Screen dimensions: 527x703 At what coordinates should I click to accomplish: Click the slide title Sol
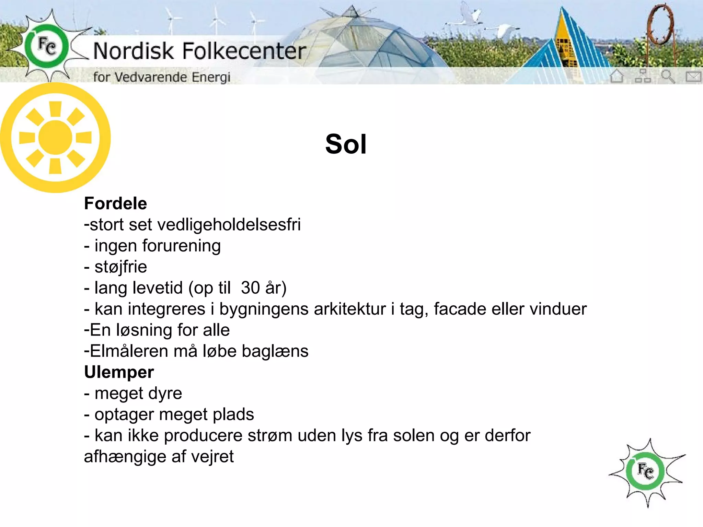tap(346, 144)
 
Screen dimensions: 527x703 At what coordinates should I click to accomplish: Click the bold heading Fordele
tap(115, 203)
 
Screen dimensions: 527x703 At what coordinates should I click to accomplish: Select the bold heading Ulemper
tap(119, 372)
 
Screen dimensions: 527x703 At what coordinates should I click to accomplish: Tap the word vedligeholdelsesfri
tap(229, 225)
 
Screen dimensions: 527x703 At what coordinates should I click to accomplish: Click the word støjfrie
tap(120, 267)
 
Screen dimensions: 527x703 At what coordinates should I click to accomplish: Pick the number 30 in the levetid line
tap(250, 288)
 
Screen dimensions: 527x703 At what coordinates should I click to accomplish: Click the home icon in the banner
tap(617, 76)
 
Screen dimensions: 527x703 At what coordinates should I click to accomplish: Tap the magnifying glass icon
tap(668, 76)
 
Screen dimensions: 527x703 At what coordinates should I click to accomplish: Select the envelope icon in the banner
tap(693, 76)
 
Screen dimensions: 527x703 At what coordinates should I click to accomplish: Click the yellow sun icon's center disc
tap(55, 137)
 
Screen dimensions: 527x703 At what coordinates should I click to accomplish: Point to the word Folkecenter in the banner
tap(244, 51)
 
